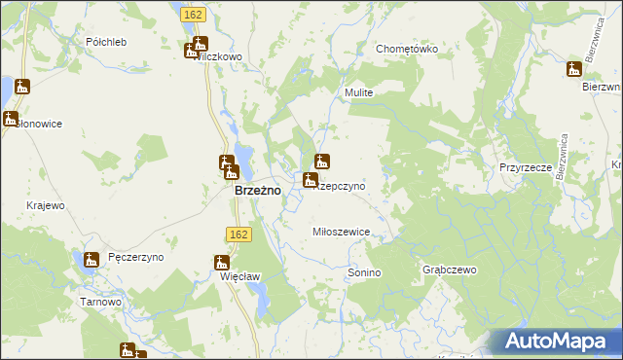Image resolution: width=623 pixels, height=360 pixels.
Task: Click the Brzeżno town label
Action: click(x=258, y=191)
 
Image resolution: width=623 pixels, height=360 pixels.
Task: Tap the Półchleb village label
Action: click(x=106, y=42)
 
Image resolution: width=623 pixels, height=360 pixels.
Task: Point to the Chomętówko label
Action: click(x=407, y=49)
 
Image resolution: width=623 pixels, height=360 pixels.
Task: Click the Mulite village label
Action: click(x=358, y=92)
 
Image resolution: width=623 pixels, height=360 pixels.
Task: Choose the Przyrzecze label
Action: click(x=526, y=167)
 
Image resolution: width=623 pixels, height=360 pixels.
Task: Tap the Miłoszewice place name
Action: click(x=340, y=232)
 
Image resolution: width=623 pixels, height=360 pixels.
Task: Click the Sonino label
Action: click(x=364, y=273)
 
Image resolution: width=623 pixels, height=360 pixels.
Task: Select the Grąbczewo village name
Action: click(x=448, y=269)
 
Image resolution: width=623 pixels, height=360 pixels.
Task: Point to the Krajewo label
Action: click(x=46, y=205)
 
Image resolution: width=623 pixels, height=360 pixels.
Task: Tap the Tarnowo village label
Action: click(x=100, y=302)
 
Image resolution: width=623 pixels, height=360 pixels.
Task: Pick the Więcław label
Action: click(x=240, y=276)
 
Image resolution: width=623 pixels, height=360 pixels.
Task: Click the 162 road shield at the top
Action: click(x=192, y=14)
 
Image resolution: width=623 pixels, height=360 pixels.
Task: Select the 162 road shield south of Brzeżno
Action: click(x=238, y=234)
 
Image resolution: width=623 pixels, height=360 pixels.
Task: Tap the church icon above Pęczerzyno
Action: click(x=92, y=260)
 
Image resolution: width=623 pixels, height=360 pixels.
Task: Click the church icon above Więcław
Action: click(x=222, y=262)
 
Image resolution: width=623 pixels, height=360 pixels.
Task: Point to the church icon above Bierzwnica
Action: click(x=574, y=70)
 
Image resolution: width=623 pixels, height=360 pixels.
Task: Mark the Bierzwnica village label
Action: click(x=602, y=87)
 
